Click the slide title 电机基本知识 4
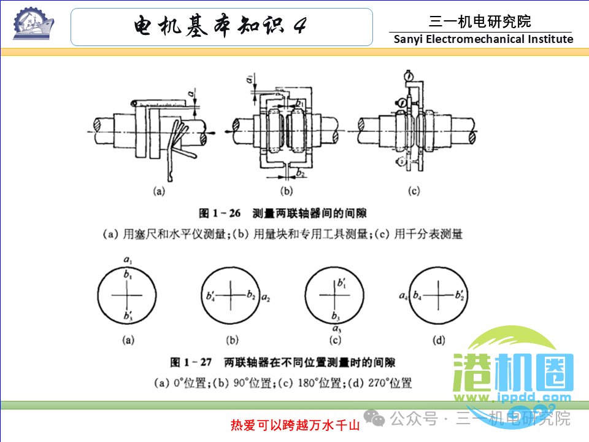pyautogui.click(x=221, y=26)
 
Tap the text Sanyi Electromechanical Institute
pyautogui.click(x=483, y=39)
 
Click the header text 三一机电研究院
pyautogui.click(x=480, y=22)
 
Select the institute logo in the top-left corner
pyautogui.click(x=33, y=25)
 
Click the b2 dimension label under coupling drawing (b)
pyautogui.click(x=300, y=174)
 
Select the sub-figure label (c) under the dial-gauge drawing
pyautogui.click(x=414, y=191)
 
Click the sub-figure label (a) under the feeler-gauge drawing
pyautogui.click(x=159, y=191)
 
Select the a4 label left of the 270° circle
pyautogui.click(x=403, y=297)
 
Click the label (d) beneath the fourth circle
pyautogui.click(x=438, y=339)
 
